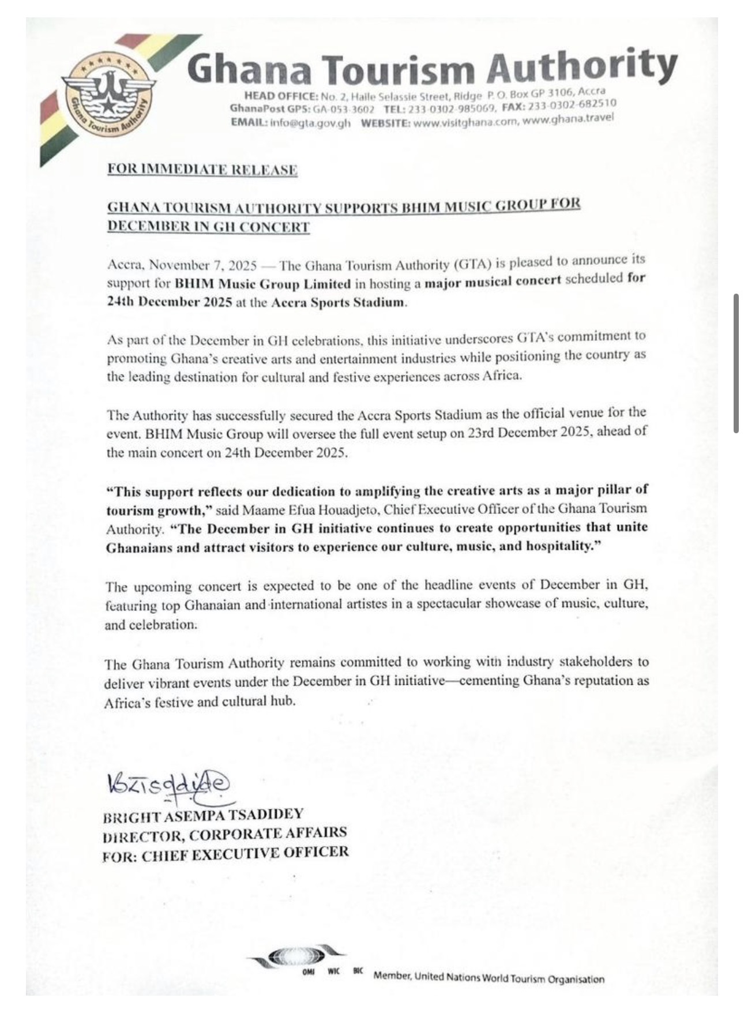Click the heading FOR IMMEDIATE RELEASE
click(x=202, y=170)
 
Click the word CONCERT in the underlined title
click(x=274, y=227)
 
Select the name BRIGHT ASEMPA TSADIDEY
click(x=203, y=816)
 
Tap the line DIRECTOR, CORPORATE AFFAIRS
click(x=225, y=835)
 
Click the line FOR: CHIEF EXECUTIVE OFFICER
click(x=226, y=854)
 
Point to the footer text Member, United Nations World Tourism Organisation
click(x=489, y=978)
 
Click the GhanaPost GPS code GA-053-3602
click(x=344, y=109)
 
